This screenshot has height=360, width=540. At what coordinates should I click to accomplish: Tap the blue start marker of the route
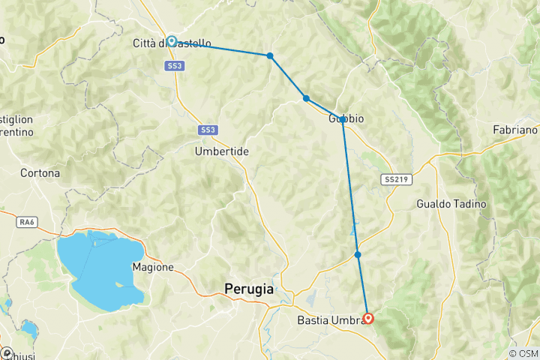pos(172,41)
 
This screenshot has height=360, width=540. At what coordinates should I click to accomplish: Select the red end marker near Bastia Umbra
pos(368,318)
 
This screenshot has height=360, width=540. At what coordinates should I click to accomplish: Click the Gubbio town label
pos(346,118)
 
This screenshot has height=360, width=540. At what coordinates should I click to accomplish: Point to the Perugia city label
pos(248,287)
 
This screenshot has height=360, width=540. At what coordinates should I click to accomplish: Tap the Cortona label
pos(40,172)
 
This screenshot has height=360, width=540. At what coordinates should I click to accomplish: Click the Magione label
pos(153,267)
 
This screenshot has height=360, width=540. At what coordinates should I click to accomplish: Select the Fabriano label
pos(514,130)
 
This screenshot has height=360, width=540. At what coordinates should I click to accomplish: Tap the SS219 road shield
pos(395,180)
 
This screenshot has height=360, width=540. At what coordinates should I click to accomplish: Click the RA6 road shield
pos(27,222)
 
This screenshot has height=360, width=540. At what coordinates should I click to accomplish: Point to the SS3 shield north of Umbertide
pos(208,130)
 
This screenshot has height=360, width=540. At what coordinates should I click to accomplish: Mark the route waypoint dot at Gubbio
pos(342,119)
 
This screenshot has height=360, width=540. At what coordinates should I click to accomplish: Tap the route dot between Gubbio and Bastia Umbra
pos(358,255)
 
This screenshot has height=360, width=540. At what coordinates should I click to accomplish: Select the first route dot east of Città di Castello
pos(270,55)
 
